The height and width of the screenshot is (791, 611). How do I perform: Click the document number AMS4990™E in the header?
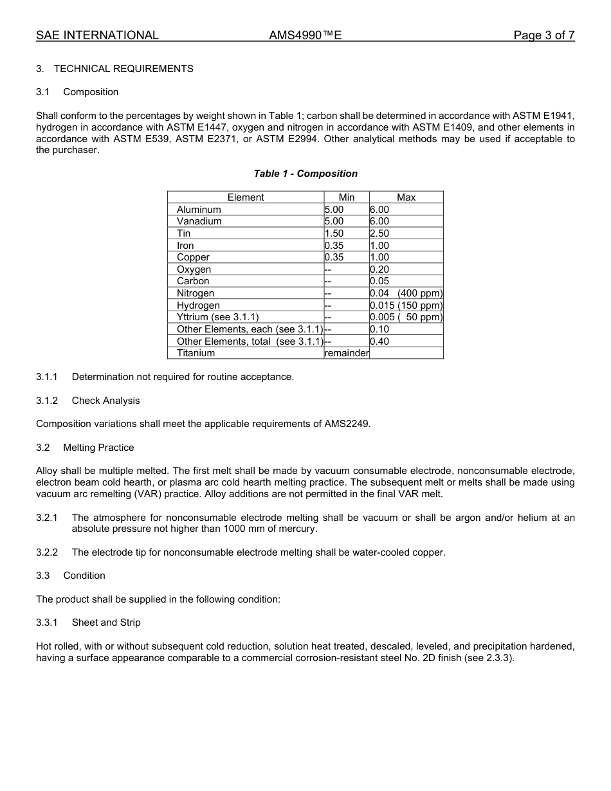pos(305,35)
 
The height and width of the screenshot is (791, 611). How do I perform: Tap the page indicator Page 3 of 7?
pos(543,35)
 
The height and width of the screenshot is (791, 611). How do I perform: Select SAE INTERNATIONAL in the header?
pos(97,35)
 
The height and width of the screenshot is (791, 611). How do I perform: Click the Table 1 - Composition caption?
pos(305,174)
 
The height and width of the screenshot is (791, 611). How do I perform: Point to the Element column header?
pos(246,197)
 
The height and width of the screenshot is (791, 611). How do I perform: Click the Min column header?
pos(346,197)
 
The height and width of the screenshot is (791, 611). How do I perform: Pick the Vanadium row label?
pos(199,221)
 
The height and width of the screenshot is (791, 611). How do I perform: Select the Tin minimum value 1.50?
pos(334,233)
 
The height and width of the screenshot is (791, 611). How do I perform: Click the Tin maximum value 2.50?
pos(379,233)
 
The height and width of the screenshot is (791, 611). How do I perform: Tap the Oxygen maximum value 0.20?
pos(379,269)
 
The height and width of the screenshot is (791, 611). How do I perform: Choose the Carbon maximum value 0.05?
pos(379,281)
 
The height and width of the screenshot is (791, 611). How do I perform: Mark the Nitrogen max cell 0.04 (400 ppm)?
pos(406,293)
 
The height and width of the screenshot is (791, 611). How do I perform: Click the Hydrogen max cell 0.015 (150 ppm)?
pos(406,305)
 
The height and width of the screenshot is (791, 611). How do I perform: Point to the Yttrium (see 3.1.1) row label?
pos(217,317)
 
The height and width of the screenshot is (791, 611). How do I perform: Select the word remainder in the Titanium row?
pos(347,353)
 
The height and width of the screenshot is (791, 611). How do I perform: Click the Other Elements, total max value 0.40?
pos(379,341)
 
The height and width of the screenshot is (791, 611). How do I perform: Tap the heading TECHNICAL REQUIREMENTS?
pos(123,69)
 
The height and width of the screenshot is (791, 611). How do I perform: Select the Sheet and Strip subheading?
pos(106,623)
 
